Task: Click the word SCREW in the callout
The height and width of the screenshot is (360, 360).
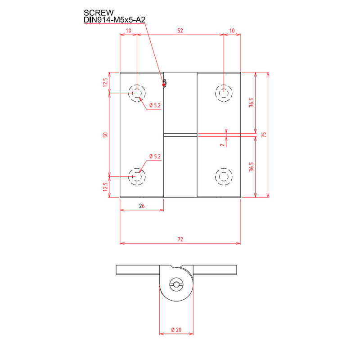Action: point(99,13)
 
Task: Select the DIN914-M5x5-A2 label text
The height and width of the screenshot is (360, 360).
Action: point(115,20)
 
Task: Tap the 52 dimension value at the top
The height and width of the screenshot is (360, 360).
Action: point(180,31)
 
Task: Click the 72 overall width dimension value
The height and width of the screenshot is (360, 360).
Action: point(180,239)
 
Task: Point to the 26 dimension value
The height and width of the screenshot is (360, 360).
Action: point(142,206)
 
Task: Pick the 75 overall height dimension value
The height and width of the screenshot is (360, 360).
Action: point(264,135)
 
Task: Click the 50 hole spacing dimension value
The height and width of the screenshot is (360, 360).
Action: point(105,135)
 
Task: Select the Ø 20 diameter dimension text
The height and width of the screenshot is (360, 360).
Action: point(176,330)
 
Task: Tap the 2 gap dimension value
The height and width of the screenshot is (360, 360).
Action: point(222,145)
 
